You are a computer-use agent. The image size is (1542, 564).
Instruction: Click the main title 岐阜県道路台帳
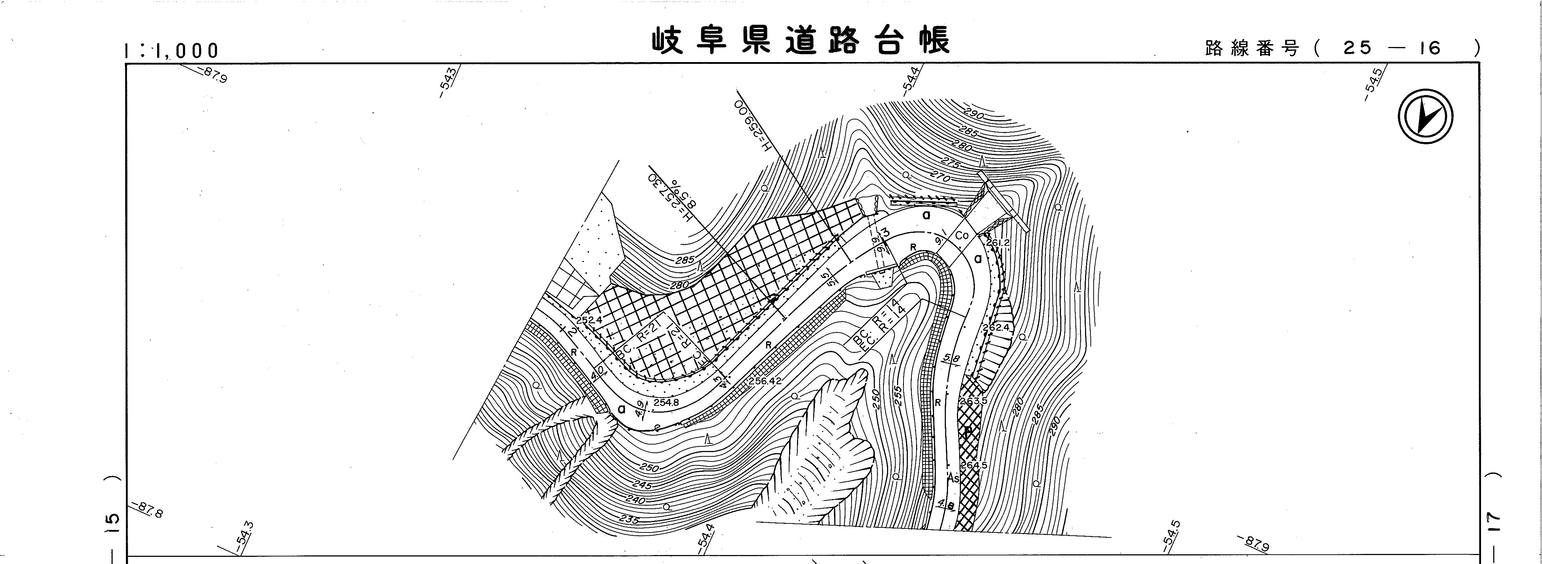[x=800, y=41]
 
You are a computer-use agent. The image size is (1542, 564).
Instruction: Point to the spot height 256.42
[x=765, y=381]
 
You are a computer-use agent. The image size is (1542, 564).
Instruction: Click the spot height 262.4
[x=996, y=328]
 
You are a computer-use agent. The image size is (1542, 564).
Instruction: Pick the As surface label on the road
[x=954, y=478]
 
